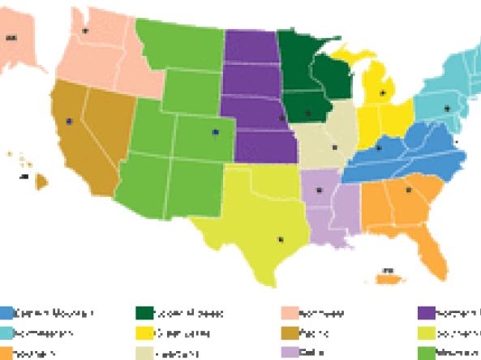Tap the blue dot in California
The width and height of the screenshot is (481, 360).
click(69, 121)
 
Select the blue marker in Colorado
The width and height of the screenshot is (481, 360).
click(215, 131)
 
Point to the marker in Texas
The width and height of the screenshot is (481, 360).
click(281, 238)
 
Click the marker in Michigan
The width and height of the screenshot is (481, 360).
click(383, 93)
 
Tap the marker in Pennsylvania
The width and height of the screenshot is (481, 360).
click(445, 108)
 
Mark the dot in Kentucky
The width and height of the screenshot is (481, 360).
click(379, 148)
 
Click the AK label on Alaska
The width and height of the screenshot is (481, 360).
click(11, 37)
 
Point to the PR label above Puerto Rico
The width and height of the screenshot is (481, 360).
click(388, 269)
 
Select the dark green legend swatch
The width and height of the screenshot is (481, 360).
click(145, 312)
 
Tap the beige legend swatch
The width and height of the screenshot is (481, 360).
click(145, 352)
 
